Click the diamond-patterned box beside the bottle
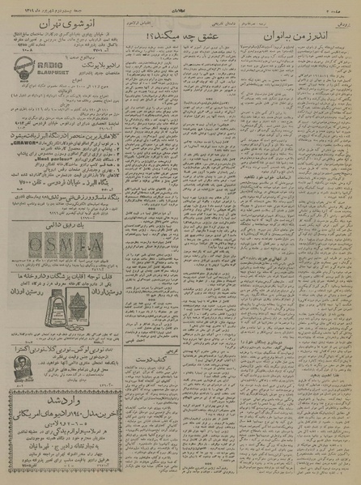(83, 312)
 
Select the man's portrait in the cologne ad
(23, 373)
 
